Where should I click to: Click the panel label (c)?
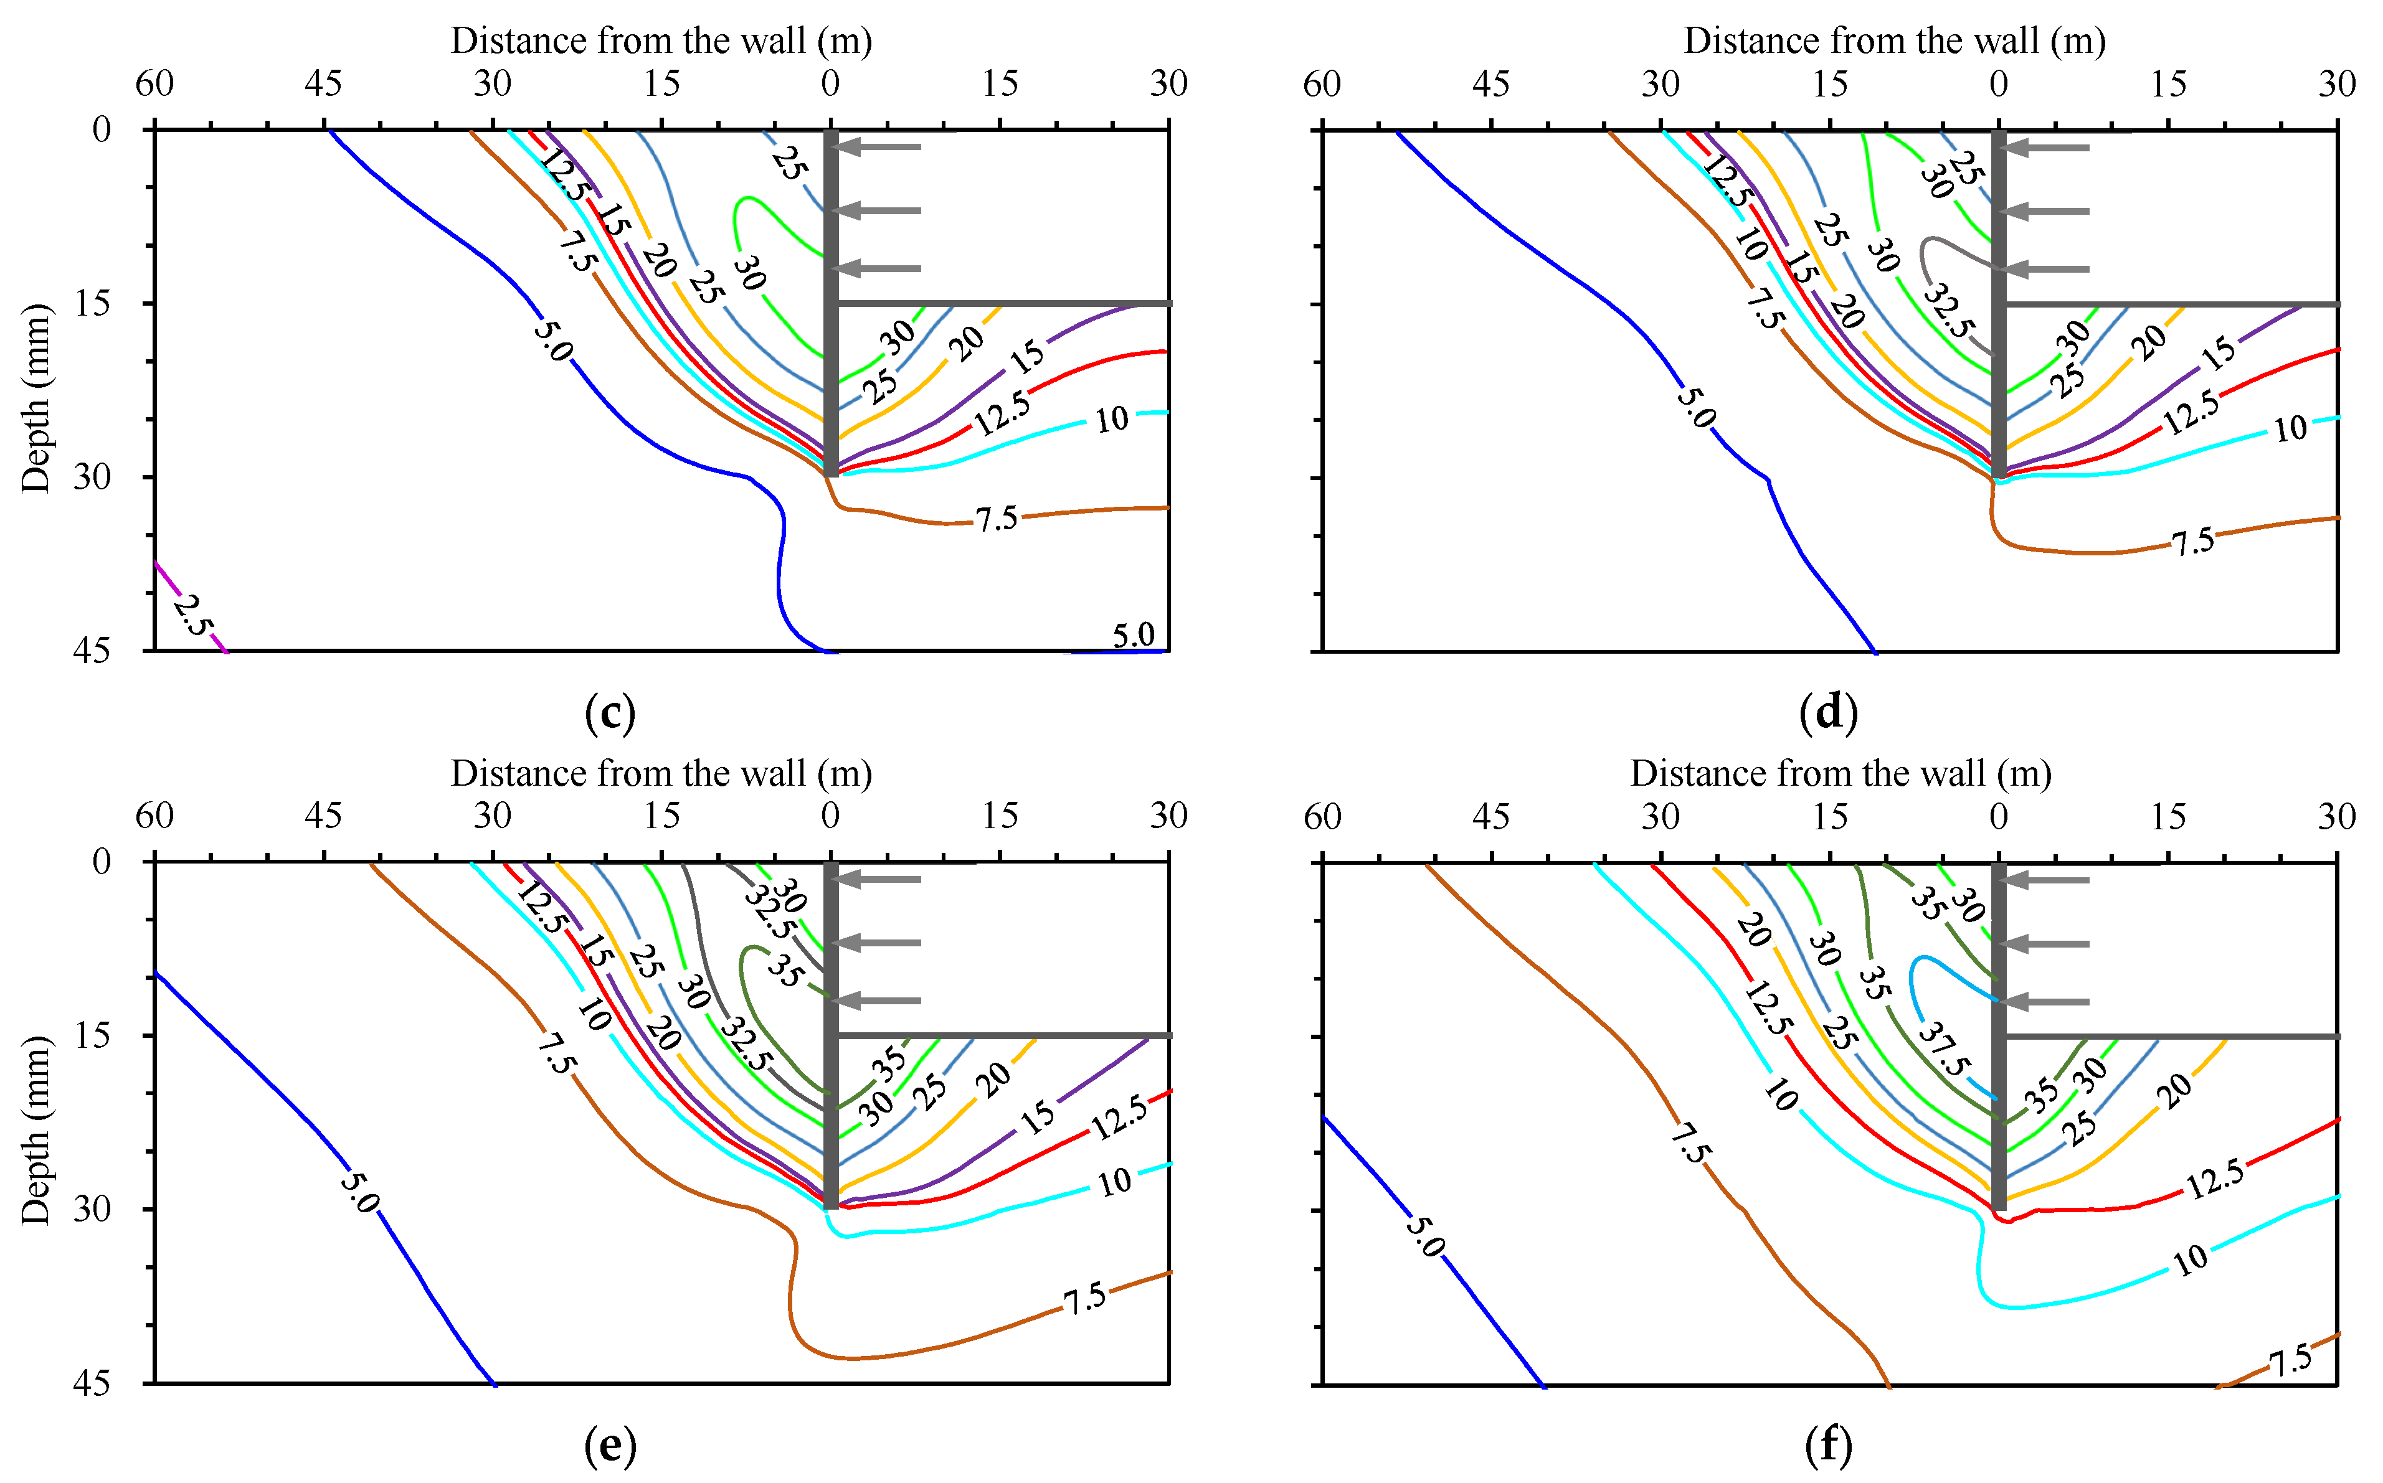coord(609,713)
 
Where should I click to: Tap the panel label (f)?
coord(1829,1446)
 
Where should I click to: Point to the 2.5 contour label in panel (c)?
coord(193,615)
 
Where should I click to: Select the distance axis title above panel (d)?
coord(1895,40)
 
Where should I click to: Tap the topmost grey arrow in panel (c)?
coord(878,147)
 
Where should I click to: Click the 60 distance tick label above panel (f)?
coord(1322,816)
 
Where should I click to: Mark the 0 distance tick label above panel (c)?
coord(830,83)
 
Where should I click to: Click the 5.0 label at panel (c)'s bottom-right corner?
coord(1133,636)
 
